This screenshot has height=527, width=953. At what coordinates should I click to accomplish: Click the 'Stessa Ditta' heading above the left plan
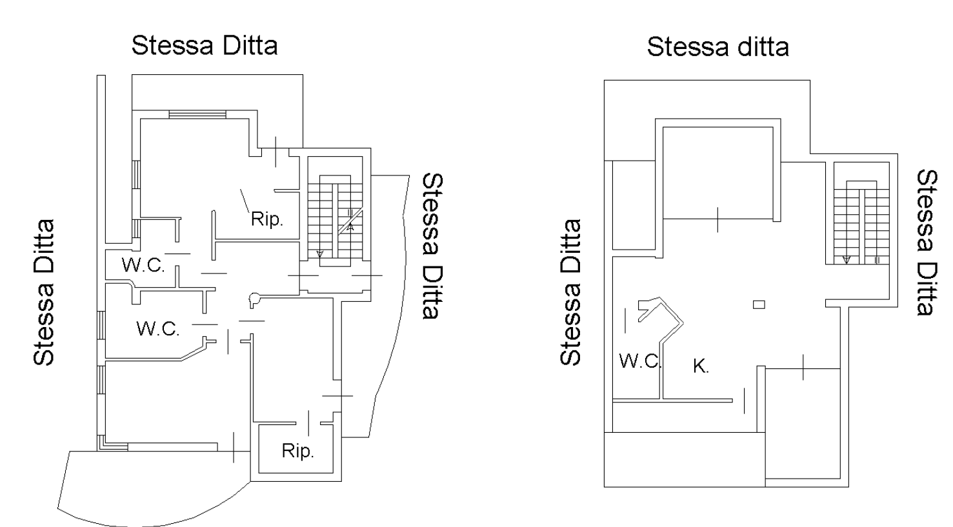pos(205,46)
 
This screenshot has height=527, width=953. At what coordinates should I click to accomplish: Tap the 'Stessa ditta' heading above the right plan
pos(717,47)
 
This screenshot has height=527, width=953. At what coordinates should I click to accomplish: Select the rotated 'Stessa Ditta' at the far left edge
pos(43,293)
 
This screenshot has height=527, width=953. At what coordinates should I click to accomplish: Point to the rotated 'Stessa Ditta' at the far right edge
pos(927,243)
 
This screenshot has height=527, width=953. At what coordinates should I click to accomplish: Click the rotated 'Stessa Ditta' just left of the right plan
pos(570,292)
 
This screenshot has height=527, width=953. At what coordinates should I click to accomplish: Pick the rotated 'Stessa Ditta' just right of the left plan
pos(433,246)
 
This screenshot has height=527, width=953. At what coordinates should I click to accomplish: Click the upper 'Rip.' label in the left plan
pos(266,219)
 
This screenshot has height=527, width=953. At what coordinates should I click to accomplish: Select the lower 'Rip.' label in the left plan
pos(298,451)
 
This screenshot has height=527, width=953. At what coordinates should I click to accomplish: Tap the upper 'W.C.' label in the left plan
pos(143,265)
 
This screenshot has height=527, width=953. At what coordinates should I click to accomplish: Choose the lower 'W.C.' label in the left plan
pos(158,329)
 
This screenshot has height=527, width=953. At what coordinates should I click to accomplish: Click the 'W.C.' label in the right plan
pos(640,361)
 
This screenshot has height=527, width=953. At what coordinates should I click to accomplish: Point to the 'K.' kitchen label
pos(701,366)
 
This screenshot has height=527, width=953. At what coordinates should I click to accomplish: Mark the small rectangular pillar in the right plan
pos(759,304)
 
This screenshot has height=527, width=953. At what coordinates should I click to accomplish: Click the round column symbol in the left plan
pos(254,300)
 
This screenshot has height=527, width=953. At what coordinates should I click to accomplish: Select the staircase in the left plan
pos(336,221)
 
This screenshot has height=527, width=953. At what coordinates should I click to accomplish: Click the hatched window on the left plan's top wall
pos(197,114)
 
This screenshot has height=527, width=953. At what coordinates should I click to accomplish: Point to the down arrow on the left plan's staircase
pos(320,254)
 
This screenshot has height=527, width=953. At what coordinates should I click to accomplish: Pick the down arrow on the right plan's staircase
pos(846,259)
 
